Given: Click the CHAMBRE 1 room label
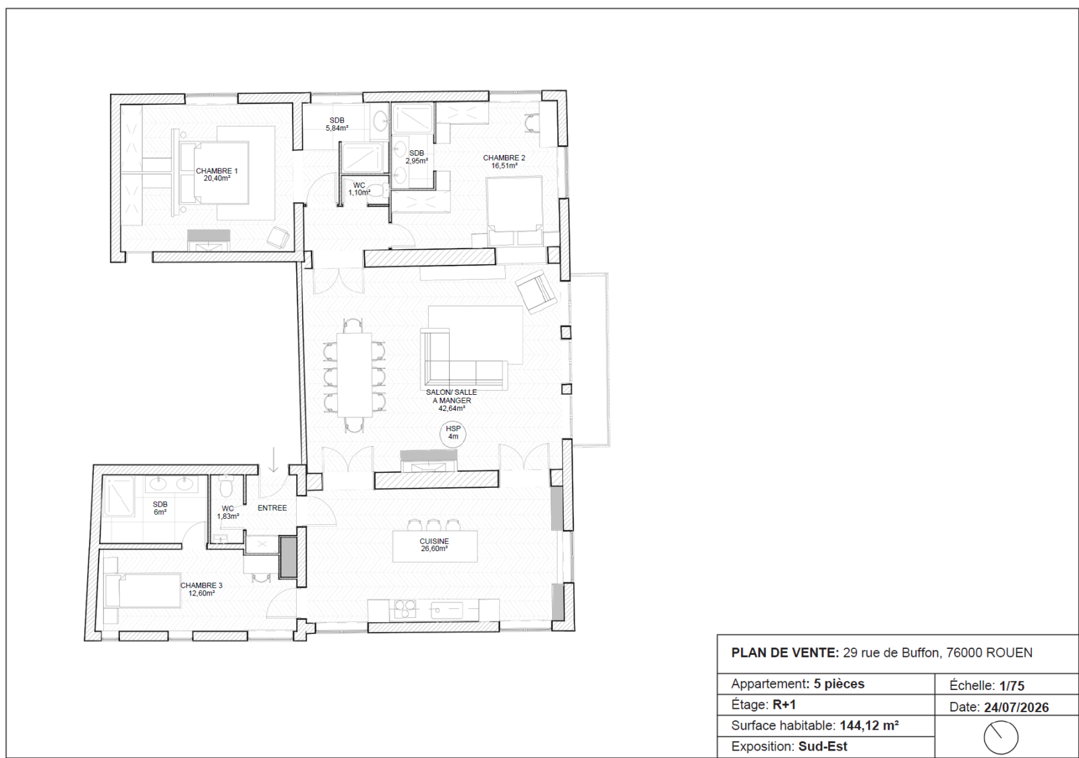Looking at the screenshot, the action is (x=216, y=171).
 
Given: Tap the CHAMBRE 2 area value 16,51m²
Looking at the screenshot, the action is (x=504, y=166).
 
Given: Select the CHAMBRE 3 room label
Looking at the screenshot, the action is (x=202, y=586).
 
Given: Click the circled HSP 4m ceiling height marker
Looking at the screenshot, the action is (x=453, y=432).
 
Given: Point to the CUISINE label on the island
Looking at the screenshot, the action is (x=434, y=541).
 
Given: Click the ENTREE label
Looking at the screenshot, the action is (x=272, y=508).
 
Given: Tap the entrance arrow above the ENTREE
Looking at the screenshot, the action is (x=274, y=460).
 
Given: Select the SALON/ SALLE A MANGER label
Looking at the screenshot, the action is (x=451, y=396).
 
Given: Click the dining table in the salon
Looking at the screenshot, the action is (x=355, y=375).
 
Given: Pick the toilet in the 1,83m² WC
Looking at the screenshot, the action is (x=225, y=488).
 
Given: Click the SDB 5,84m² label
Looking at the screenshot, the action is (x=337, y=124).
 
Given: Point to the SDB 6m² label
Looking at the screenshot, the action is (x=160, y=508).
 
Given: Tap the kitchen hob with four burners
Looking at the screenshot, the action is (x=405, y=610).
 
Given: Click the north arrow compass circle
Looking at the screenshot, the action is (x=1001, y=737).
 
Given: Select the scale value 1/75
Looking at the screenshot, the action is (x=1012, y=685).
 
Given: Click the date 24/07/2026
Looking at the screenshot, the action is (x=1016, y=707).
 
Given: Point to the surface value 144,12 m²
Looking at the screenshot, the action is (x=869, y=725).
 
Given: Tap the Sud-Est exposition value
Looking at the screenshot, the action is (x=823, y=747).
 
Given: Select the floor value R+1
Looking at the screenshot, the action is (x=784, y=705).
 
